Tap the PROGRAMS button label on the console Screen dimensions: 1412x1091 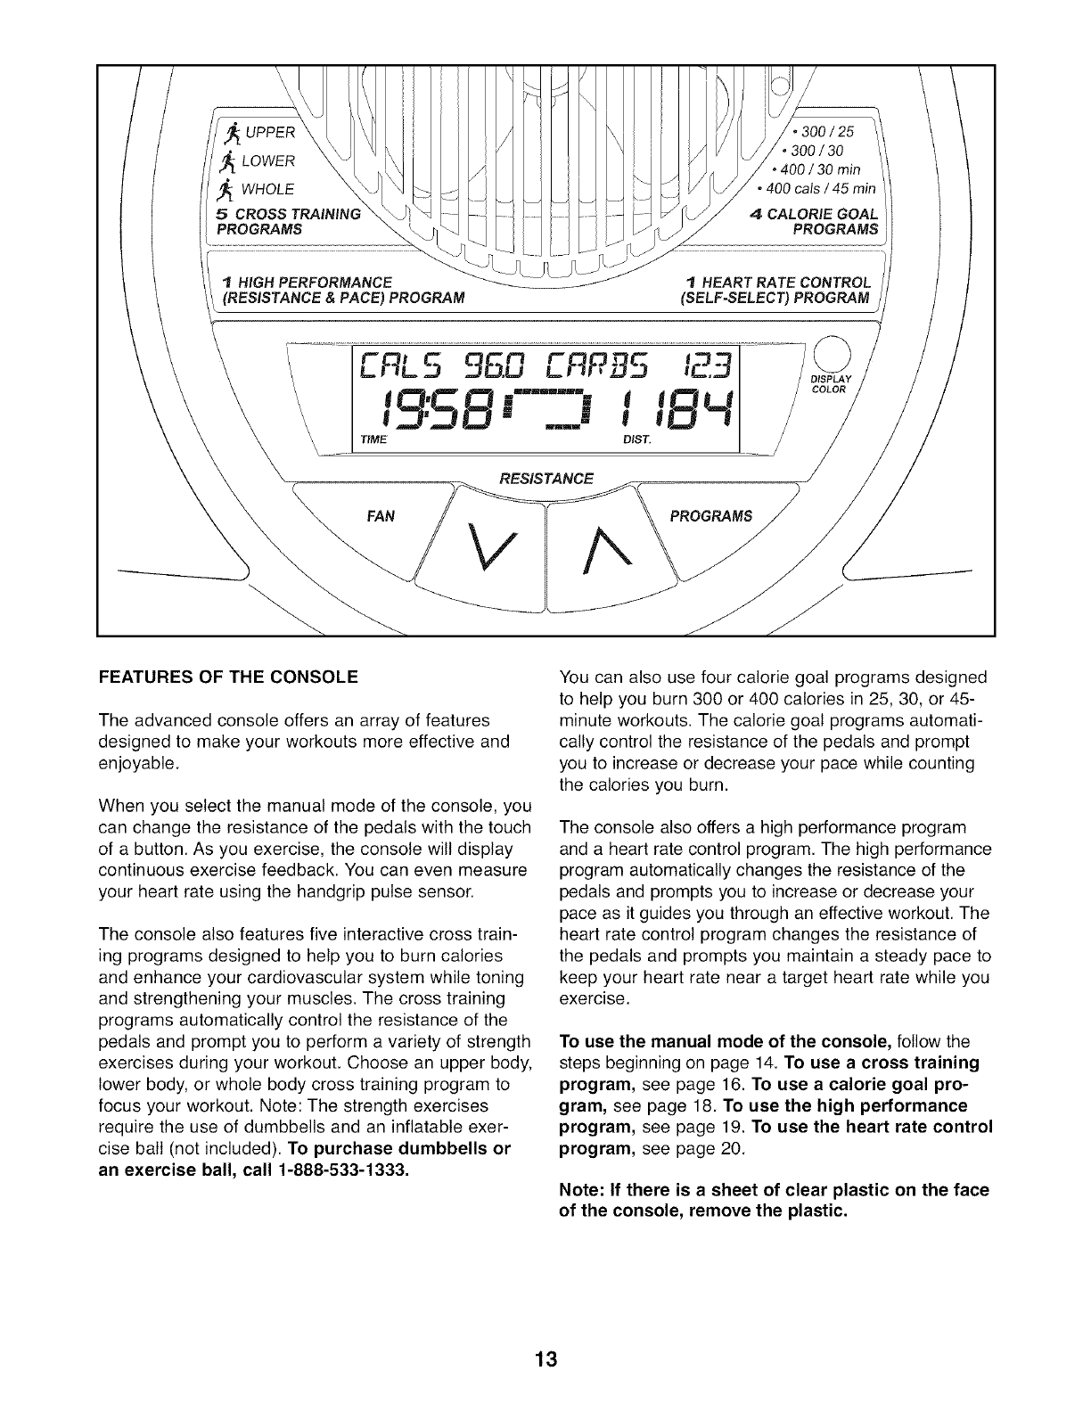[710, 516]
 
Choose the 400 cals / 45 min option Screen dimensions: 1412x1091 [816, 189]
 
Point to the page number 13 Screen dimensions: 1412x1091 [545, 1359]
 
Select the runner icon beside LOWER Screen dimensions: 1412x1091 [228, 161]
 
